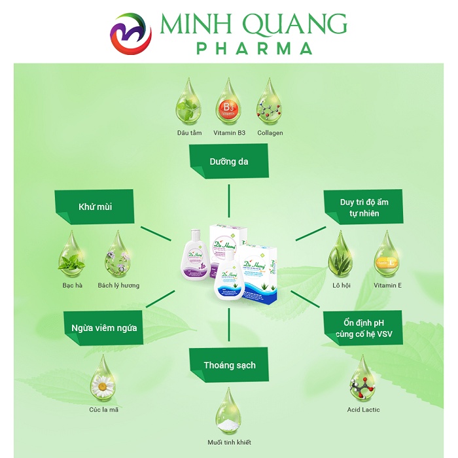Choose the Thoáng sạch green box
tap(228, 364)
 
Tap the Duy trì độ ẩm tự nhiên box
tap(364, 207)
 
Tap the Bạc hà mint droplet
tap(69, 255)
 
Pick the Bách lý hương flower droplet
tap(118, 255)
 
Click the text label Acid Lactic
tap(363, 410)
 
